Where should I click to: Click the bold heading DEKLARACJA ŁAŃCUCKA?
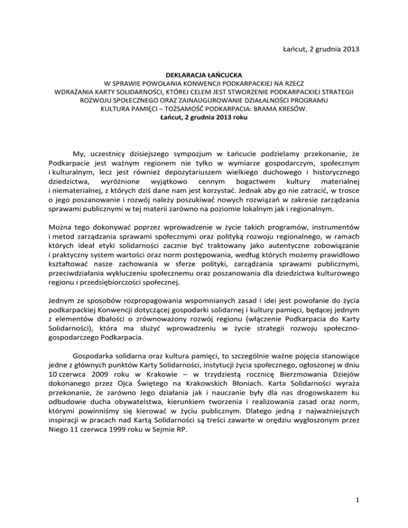204,75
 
